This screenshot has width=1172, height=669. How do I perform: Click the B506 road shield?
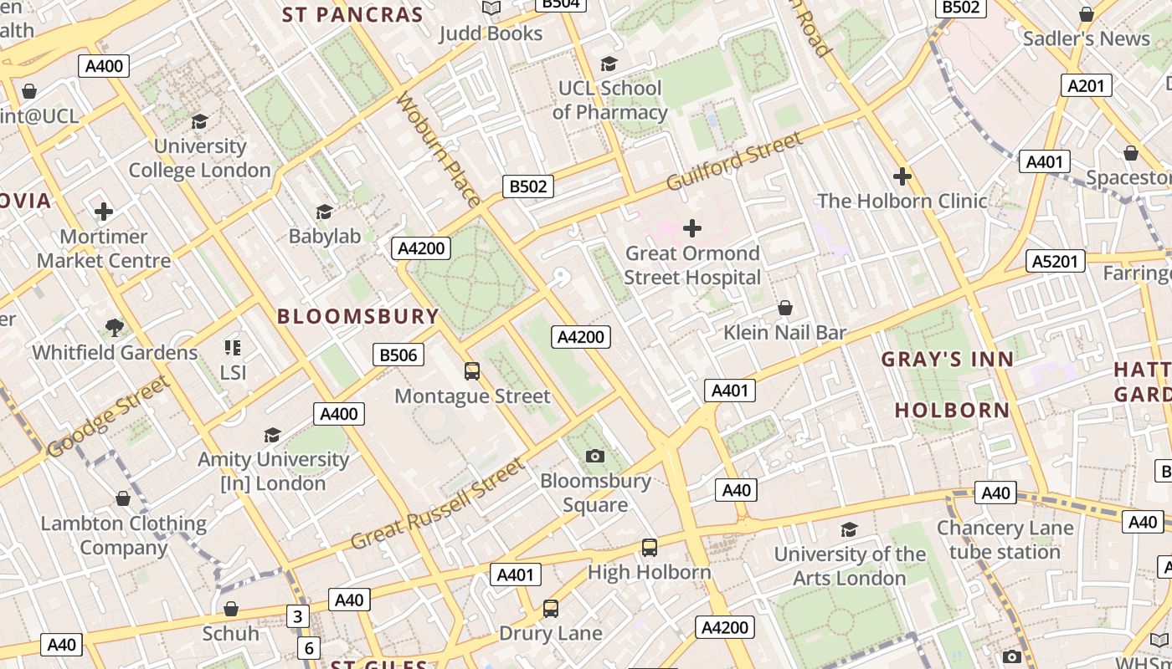[398, 355]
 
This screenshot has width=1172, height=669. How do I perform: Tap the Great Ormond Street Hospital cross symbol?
[692, 227]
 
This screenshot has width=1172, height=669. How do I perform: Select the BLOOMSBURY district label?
[357, 316]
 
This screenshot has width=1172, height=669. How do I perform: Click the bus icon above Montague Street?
[472, 370]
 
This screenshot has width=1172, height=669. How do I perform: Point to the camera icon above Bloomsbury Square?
[595, 456]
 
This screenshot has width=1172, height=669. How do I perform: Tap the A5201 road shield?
[1055, 261]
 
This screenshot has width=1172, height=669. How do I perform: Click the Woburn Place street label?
[438, 149]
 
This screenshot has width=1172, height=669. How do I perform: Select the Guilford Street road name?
[734, 161]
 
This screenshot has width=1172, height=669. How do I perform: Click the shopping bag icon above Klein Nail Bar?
[785, 308]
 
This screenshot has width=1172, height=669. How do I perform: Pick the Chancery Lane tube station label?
[1005, 540]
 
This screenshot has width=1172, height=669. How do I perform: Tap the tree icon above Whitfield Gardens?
[115, 327]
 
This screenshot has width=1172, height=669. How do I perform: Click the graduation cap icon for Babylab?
[324, 212]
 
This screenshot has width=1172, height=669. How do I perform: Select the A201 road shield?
[1087, 85]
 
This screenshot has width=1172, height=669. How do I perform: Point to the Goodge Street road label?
[108, 417]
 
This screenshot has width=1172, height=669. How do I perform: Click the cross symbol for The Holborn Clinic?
[902, 176]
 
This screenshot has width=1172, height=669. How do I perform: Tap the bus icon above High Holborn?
[649, 548]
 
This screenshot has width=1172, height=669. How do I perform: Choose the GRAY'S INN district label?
[947, 360]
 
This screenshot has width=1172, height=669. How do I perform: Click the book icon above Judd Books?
[491, 8]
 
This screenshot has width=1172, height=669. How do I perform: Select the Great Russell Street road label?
[436, 504]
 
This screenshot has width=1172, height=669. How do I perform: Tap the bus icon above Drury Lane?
[550, 609]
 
